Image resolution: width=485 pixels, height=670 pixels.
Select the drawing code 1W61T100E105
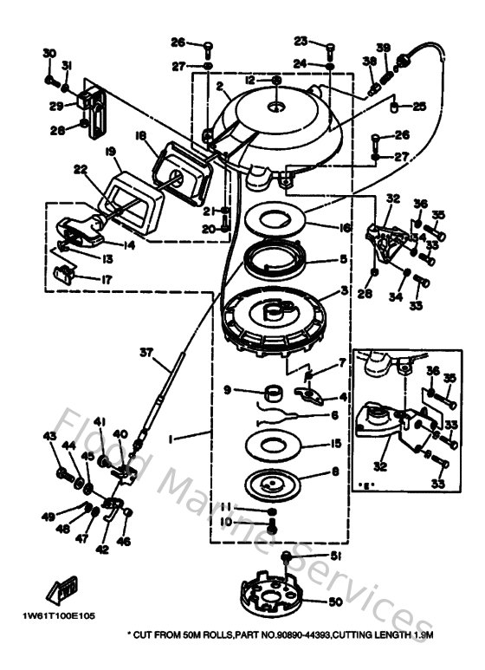tap(55, 615)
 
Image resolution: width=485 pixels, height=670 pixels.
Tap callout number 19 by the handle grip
tap(111, 151)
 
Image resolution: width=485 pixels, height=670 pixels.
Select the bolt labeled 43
tap(66, 473)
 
